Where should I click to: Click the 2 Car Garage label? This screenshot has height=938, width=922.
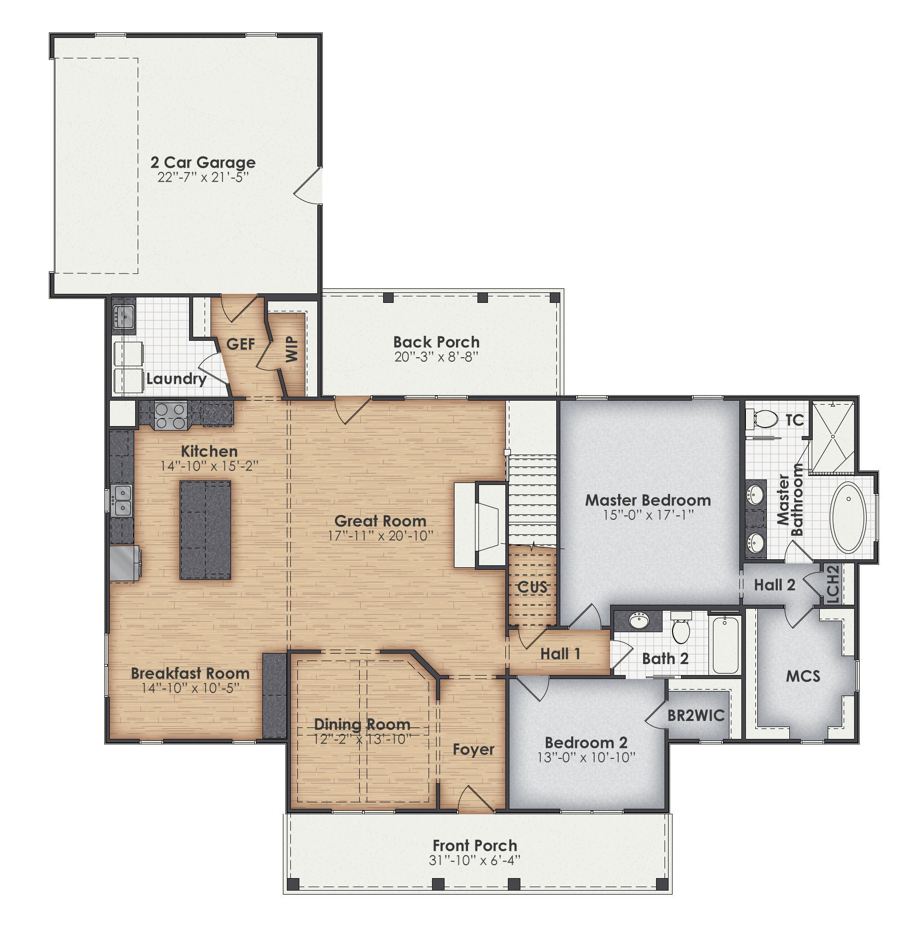pyautogui.click(x=203, y=163)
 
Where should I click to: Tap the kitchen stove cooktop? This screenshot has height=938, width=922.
pyautogui.click(x=170, y=416)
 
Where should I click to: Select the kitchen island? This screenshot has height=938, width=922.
pyautogui.click(x=205, y=530)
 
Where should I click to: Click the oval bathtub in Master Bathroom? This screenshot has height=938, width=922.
pyautogui.click(x=848, y=517)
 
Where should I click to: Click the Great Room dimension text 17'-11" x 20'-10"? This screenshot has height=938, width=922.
pyautogui.click(x=380, y=536)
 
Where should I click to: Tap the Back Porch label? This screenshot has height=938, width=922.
pyautogui.click(x=436, y=342)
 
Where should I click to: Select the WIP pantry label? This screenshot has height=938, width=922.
pyautogui.click(x=292, y=349)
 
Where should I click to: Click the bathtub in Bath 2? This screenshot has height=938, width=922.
pyautogui.click(x=725, y=644)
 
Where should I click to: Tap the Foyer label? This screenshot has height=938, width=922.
pyautogui.click(x=473, y=749)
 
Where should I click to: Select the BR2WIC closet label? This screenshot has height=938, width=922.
pyautogui.click(x=695, y=715)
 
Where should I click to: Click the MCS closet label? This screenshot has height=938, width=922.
pyautogui.click(x=803, y=676)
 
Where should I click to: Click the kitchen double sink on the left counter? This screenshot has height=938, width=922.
pyautogui.click(x=122, y=500)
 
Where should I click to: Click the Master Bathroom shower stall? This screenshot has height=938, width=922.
pyautogui.click(x=832, y=437)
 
